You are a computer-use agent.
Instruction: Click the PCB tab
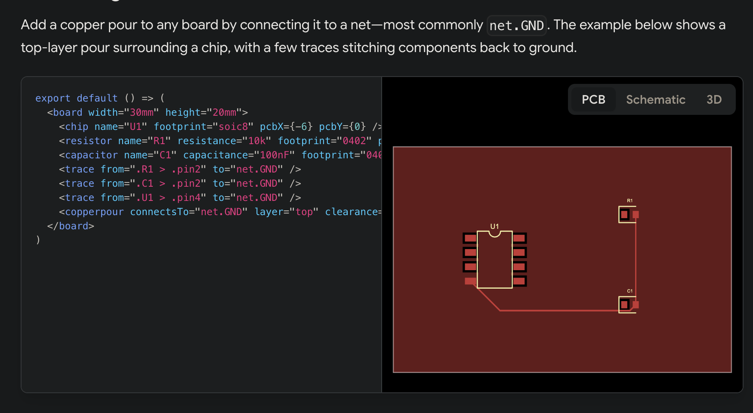tap(593, 99)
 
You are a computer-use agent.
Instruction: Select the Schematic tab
tap(655, 99)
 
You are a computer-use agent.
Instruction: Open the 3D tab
tap(714, 99)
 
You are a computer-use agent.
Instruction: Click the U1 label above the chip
tap(494, 226)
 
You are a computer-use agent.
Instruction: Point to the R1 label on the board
tap(630, 200)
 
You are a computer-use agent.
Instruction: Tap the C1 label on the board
tap(630, 291)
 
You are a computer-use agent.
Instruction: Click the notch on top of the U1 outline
tap(494, 234)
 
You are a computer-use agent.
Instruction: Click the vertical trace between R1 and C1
tap(636, 258)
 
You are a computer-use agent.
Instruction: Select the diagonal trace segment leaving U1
tap(488, 298)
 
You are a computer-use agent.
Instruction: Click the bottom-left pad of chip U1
tap(470, 281)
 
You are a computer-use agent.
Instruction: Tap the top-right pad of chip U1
tap(519, 238)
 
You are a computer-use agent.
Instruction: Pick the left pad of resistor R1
tap(624, 214)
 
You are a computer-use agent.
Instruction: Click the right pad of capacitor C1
tap(636, 305)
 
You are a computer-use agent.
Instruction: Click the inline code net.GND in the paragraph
tap(516, 25)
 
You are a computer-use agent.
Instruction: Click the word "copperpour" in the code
tap(94, 212)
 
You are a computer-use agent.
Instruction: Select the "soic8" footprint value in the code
tap(233, 126)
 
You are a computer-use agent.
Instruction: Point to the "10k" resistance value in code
tap(256, 141)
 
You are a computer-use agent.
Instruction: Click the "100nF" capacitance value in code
tap(274, 155)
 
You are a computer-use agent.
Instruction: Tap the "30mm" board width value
tap(142, 112)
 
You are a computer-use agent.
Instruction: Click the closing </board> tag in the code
tap(71, 226)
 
